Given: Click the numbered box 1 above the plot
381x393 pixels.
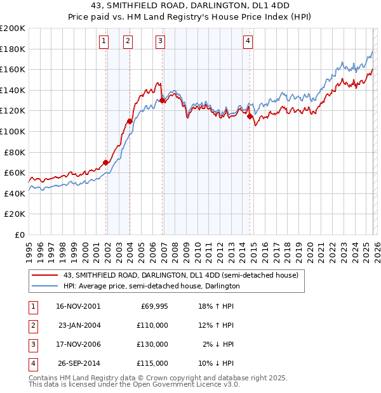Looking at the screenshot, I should [104, 41].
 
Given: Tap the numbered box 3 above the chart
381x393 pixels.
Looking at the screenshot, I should [160, 41].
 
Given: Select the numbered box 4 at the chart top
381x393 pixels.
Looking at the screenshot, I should [248, 41].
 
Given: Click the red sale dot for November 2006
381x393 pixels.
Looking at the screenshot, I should [163, 100].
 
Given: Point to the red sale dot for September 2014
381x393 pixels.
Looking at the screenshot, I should [250, 116].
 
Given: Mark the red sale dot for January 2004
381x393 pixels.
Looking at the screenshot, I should [130, 121].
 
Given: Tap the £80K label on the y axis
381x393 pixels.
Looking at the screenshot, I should [15, 152].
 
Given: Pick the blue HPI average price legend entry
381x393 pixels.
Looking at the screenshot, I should [151, 287].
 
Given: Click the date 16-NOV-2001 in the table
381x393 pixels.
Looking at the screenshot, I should [78, 306].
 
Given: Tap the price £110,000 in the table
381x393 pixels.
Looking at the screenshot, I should [153, 325].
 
